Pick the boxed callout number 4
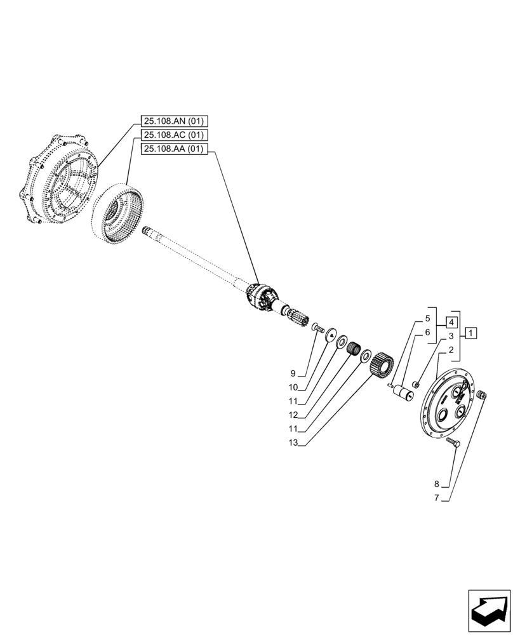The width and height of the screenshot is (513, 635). pos(450,321)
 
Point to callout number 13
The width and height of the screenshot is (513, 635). pos(292,443)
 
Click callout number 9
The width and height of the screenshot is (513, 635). pos(292,373)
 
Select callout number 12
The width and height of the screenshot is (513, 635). pos(292,415)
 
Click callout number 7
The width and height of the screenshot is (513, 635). pos(436,497)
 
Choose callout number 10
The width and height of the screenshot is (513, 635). pos(292,387)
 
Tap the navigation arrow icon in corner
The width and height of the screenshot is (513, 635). pos(489,611)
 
